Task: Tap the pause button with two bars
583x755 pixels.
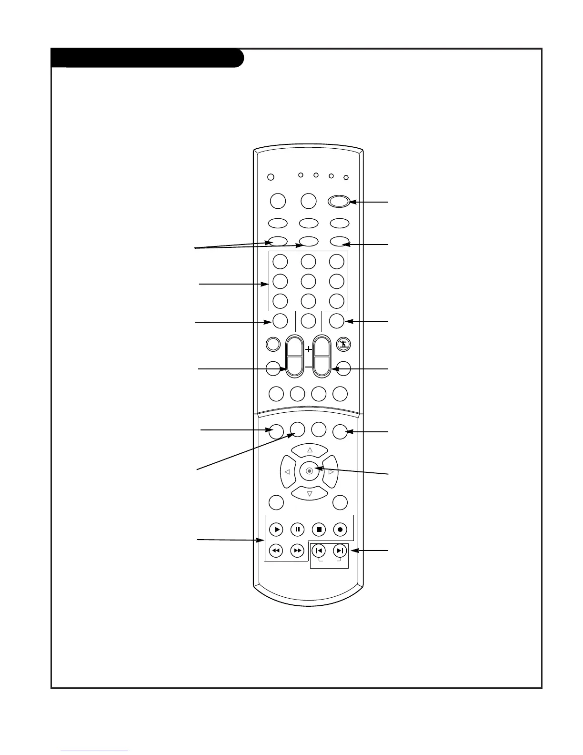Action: (x=297, y=529)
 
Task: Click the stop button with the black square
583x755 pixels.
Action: (x=319, y=529)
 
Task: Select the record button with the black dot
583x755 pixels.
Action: (x=340, y=529)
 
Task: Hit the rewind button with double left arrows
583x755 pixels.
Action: (x=276, y=551)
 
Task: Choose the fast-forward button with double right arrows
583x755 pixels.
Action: (x=297, y=551)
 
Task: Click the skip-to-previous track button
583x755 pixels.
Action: (x=319, y=551)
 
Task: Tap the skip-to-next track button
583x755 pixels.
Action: (x=340, y=551)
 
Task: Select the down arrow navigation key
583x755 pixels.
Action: (x=310, y=493)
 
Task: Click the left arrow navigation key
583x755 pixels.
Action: (x=287, y=472)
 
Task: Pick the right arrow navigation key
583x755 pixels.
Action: (x=331, y=472)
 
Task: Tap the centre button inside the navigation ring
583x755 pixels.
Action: (x=309, y=471)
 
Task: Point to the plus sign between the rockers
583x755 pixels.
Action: (x=309, y=349)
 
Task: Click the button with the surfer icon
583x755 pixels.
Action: (x=343, y=344)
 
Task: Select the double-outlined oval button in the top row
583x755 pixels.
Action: (x=339, y=201)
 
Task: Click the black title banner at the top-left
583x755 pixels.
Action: (x=148, y=58)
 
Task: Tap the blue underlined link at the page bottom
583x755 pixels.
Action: (x=94, y=751)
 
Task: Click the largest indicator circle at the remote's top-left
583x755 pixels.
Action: (x=271, y=177)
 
